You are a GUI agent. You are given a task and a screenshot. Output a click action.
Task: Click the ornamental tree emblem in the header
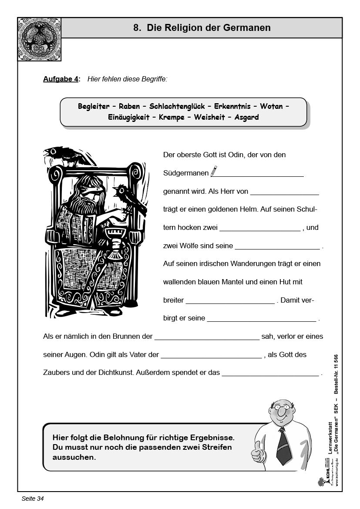pyautogui.click(x=40, y=39)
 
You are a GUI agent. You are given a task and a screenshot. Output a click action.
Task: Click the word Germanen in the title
pyautogui.click(x=247, y=28)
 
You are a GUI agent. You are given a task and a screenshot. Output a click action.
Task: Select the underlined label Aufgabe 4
pyautogui.click(x=61, y=79)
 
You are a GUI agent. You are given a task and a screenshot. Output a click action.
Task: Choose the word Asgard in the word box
pyautogui.click(x=246, y=118)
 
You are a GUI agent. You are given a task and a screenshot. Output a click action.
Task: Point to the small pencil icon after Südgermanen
pyautogui.click(x=214, y=171)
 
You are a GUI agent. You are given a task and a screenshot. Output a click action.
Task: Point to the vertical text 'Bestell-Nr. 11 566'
pyautogui.click(x=336, y=375)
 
